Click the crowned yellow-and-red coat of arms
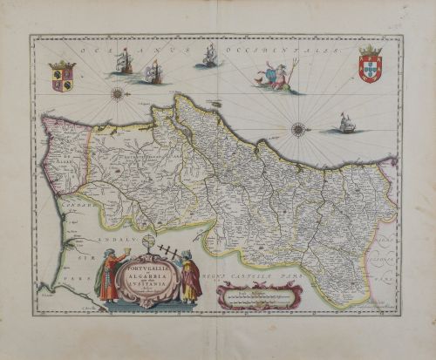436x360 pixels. pos(62,75)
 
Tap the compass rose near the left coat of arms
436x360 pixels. pos(115,91)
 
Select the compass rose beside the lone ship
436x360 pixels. pos(298,129)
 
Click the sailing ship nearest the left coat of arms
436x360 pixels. pos(122,61)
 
